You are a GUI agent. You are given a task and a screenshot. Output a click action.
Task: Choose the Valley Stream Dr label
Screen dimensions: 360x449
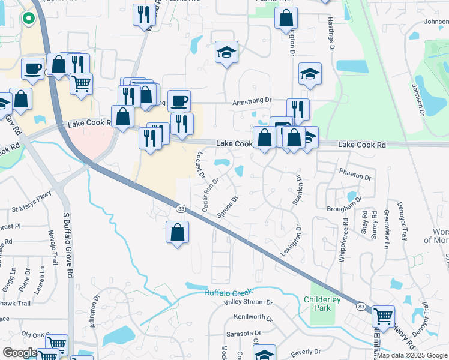click(x=248, y=302)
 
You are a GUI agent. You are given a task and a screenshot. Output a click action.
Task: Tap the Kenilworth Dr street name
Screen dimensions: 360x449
click(x=253, y=317)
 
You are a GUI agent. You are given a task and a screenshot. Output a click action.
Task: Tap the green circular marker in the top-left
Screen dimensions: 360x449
click(x=28, y=18)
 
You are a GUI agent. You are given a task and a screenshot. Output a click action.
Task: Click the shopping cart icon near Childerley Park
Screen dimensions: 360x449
click(x=383, y=316)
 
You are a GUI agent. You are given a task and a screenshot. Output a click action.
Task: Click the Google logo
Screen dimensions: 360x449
click(x=20, y=353)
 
